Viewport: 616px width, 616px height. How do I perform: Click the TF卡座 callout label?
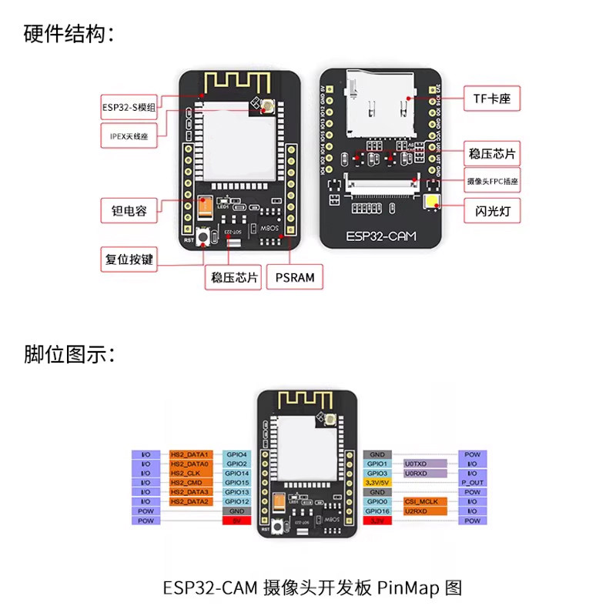point(491,99)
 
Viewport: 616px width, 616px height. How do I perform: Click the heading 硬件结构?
point(69,34)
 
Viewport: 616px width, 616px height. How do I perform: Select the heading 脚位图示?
point(69,355)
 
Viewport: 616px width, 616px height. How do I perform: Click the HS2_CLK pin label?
point(189,474)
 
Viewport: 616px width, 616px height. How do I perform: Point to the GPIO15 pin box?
point(236,483)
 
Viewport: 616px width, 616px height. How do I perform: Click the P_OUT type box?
point(472,483)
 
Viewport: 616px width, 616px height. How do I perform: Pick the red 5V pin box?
point(236,521)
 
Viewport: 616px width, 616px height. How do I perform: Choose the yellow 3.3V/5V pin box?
point(377,483)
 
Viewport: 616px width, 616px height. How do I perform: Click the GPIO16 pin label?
point(377,511)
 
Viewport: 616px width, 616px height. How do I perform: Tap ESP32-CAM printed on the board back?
point(380,236)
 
